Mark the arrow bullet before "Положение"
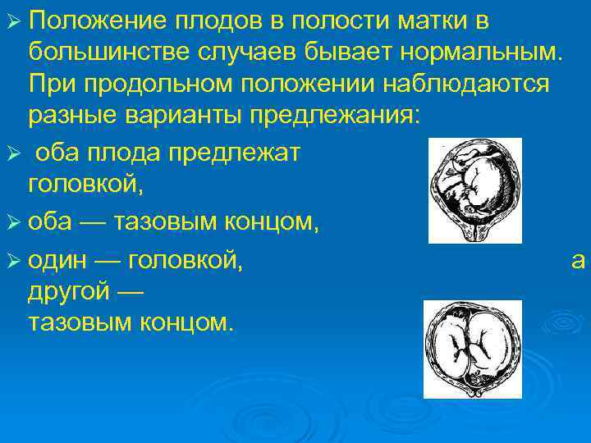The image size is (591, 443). (x=11, y=22)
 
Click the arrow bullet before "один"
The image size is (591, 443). (x=11, y=263)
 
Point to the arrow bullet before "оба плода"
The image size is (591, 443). (x=11, y=154)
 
